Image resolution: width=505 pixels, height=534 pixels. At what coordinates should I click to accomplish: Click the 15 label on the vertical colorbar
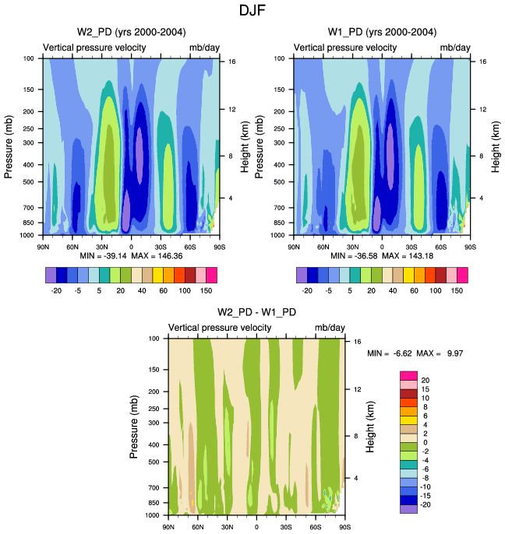(x=425, y=389)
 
